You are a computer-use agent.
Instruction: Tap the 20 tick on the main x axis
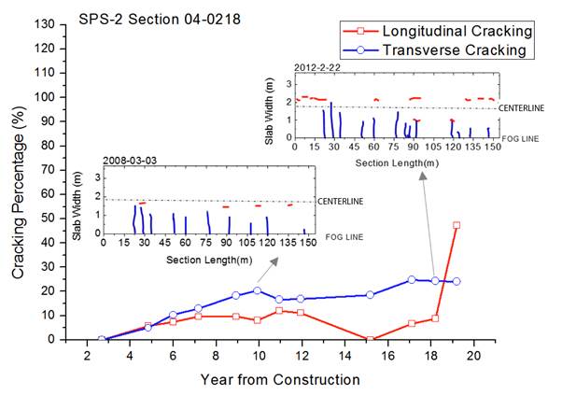(473, 356)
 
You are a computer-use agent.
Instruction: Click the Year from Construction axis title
(279, 379)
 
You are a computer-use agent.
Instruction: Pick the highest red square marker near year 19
(457, 225)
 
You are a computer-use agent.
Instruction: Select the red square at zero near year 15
(370, 339)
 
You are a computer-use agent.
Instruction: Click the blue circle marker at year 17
(411, 279)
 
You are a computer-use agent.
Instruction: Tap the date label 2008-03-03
(130, 160)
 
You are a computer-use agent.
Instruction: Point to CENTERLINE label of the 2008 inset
(342, 201)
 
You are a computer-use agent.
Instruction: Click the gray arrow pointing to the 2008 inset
(268, 273)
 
